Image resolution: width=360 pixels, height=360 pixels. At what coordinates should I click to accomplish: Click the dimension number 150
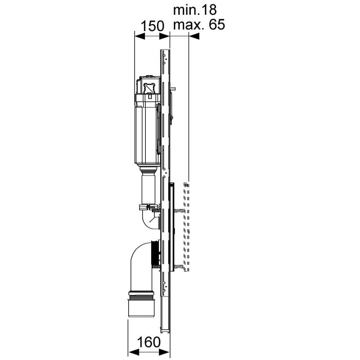tap(153, 26)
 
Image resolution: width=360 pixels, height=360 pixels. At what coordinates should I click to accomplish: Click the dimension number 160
tap(148, 342)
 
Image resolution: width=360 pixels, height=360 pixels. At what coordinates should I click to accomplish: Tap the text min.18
tap(195, 10)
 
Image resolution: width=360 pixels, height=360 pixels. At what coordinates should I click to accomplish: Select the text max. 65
tap(199, 24)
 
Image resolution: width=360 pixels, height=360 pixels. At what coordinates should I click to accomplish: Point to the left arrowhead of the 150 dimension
tap(139, 36)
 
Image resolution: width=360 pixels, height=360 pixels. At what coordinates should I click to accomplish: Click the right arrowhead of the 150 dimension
tap(164, 36)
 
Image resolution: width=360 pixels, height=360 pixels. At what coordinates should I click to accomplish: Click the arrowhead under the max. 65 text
tap(194, 36)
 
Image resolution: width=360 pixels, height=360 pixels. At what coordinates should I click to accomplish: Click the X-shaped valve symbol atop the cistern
tap(149, 88)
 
